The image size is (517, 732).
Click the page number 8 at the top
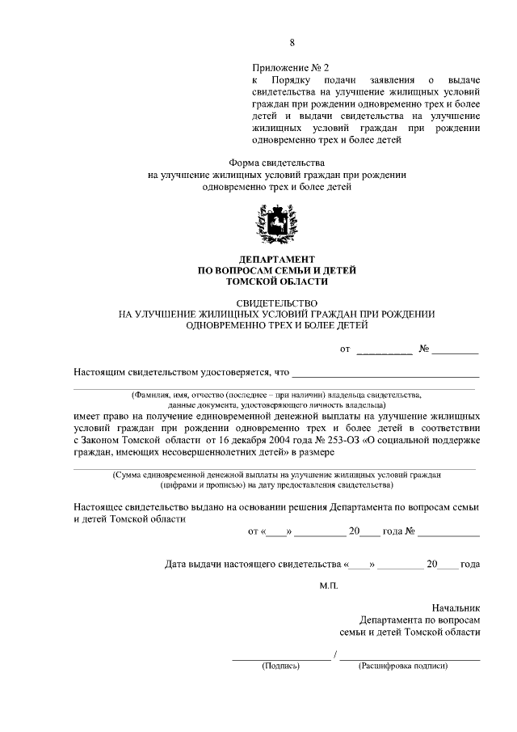(292, 43)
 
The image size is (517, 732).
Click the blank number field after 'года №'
(448, 535)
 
